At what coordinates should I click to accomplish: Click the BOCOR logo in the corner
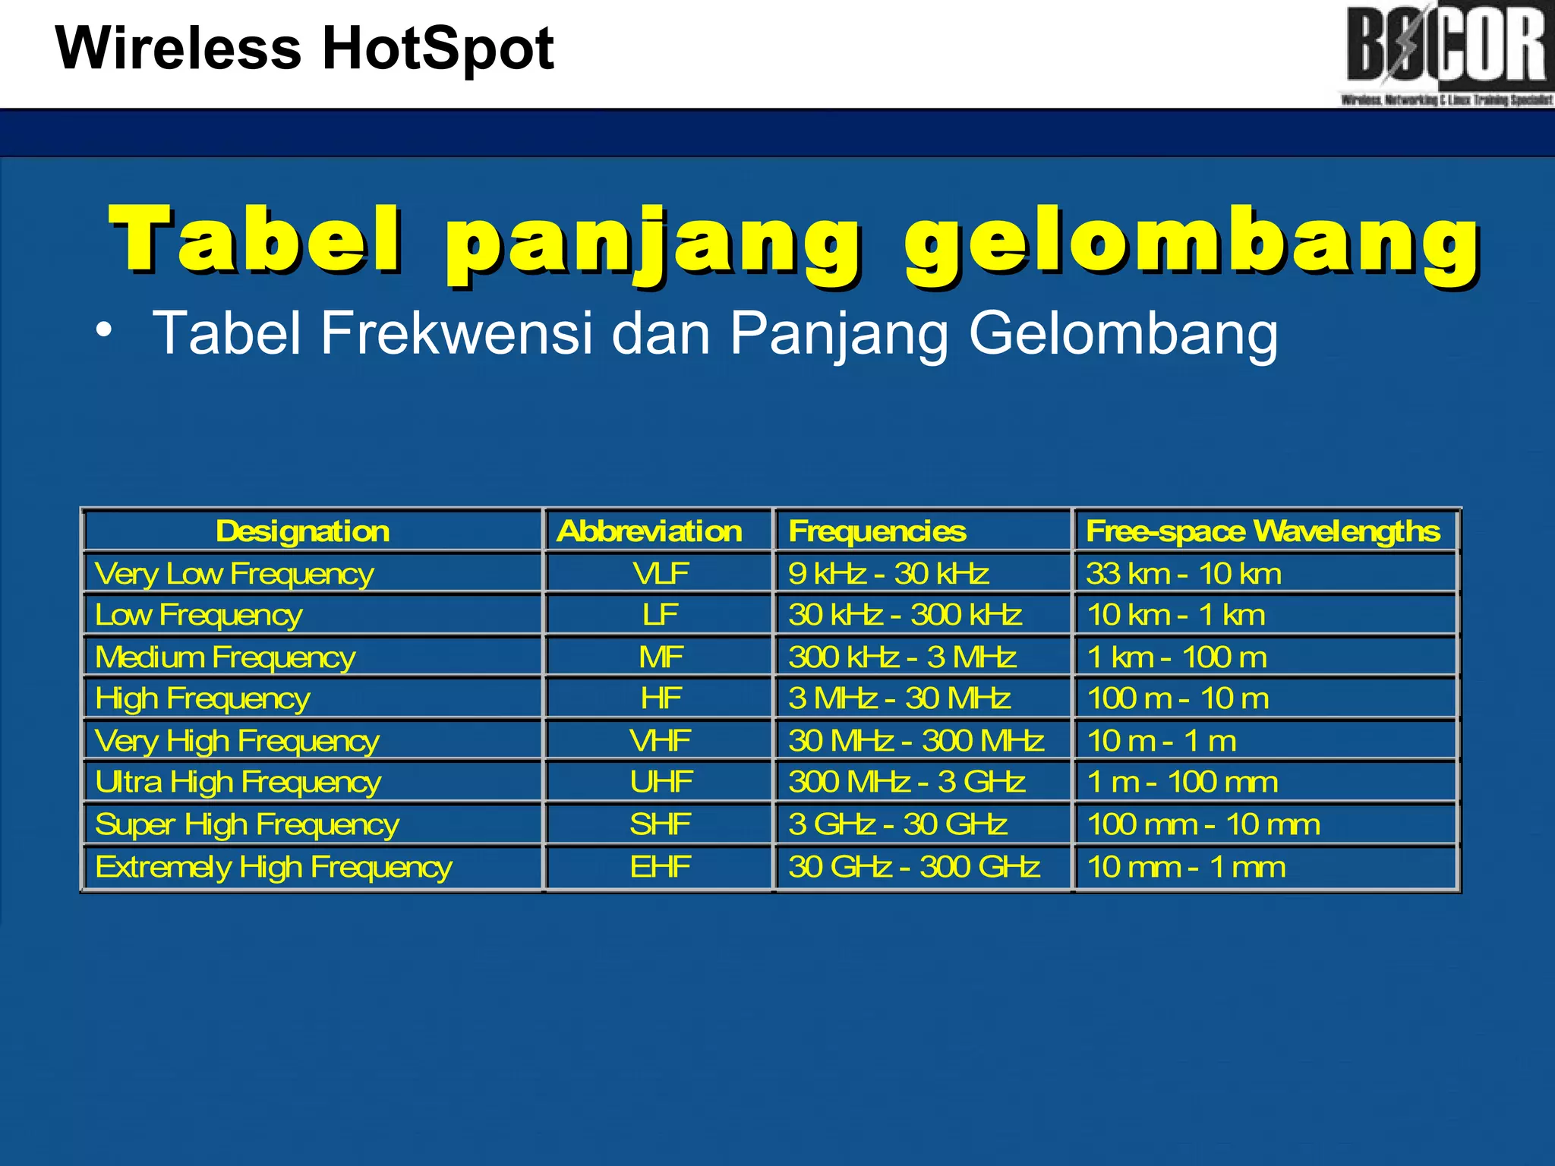tap(1446, 53)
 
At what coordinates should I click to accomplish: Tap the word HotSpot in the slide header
tap(438, 49)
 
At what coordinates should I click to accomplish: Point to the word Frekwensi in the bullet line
tap(456, 332)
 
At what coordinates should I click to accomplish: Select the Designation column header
tap(302, 531)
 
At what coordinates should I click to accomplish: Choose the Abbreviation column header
tap(649, 531)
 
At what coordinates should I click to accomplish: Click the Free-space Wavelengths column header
tap(1263, 531)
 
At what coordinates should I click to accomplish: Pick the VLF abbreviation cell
tap(661, 573)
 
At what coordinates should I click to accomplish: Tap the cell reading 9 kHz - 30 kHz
tap(888, 573)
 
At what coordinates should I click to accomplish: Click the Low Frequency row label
tap(199, 615)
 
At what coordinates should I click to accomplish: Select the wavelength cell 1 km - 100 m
tap(1177, 657)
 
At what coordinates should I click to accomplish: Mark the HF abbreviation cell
tap(661, 698)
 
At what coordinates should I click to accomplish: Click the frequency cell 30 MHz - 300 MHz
tap(916, 740)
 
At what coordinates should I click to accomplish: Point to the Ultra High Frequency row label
tap(238, 782)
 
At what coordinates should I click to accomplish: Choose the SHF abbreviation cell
tap(661, 824)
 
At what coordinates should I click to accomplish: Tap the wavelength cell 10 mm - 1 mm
tap(1186, 867)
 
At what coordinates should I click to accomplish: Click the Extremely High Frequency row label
tap(273, 867)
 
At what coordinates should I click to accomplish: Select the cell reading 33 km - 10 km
tap(1184, 573)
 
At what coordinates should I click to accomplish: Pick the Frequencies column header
tap(877, 531)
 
